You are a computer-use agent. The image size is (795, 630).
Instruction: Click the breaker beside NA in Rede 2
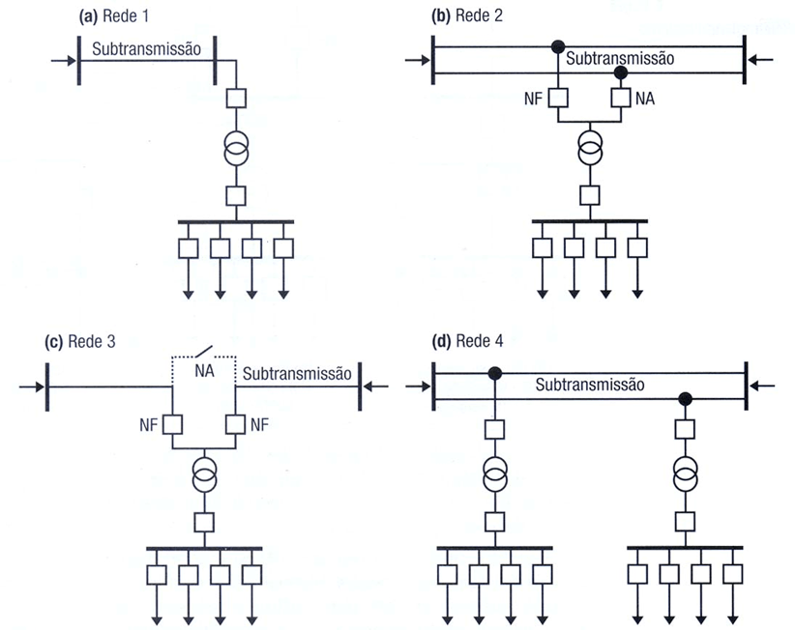[x=621, y=98]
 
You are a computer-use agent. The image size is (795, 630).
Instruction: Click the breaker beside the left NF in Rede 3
[x=172, y=423]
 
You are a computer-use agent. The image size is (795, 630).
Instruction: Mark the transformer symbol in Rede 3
[x=203, y=474]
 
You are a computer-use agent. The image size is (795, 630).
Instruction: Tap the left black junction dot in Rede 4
[x=494, y=373]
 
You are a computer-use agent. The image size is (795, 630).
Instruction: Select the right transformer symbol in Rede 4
[x=685, y=475]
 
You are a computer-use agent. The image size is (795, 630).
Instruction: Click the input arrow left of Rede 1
[x=63, y=61]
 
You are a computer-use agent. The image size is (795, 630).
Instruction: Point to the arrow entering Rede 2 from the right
[x=761, y=61]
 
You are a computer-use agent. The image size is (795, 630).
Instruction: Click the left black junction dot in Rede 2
[x=558, y=47]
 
